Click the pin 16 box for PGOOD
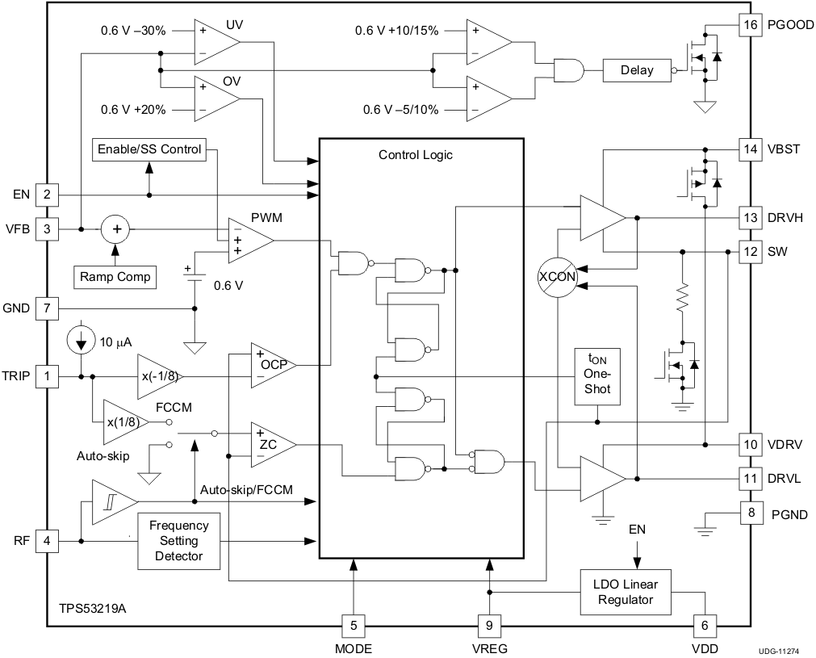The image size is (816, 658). pyautogui.click(x=751, y=24)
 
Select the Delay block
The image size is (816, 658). pyautogui.click(x=637, y=70)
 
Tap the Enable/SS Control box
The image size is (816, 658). pyautogui.click(x=149, y=149)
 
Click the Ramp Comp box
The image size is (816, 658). pyautogui.click(x=115, y=277)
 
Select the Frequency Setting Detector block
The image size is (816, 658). pyautogui.click(x=178, y=541)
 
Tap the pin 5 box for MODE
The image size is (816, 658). pyautogui.click(x=353, y=625)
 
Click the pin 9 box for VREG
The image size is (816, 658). pyautogui.click(x=488, y=625)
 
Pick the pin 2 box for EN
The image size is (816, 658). pyautogui.click(x=47, y=195)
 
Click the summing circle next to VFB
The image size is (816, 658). pyautogui.click(x=117, y=229)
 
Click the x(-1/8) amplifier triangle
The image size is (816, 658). pyautogui.click(x=157, y=376)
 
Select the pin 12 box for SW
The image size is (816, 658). pyautogui.click(x=751, y=251)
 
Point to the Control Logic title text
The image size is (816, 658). pyautogui.click(x=416, y=155)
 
